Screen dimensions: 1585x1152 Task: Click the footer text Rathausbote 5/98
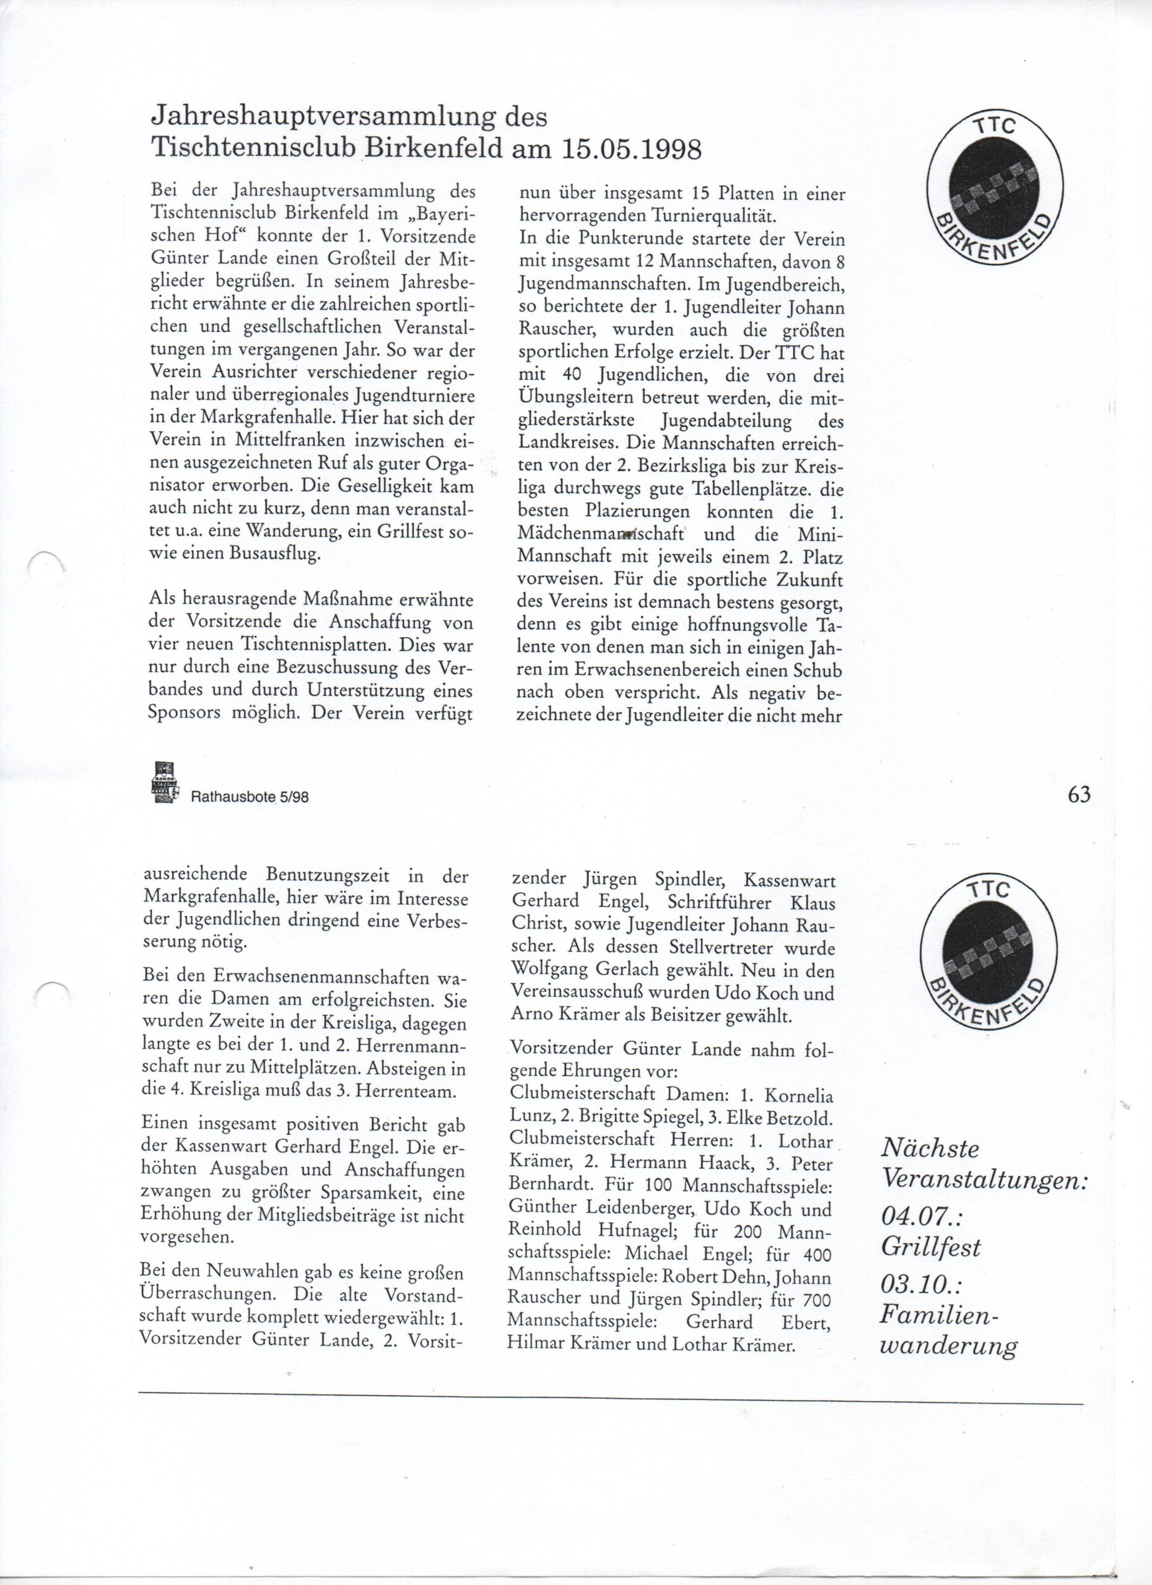tap(250, 798)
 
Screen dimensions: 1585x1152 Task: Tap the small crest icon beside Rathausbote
tap(162, 782)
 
